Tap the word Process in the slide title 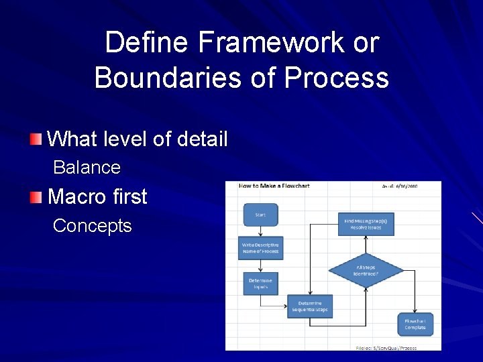click(x=336, y=78)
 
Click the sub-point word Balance click(x=87, y=167)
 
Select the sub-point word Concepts click(x=92, y=225)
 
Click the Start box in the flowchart click(x=260, y=215)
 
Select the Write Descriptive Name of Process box click(x=260, y=248)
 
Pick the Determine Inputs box click(x=260, y=283)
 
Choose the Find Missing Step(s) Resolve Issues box click(x=366, y=223)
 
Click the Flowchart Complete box click(x=415, y=324)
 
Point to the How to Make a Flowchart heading click(x=274, y=186)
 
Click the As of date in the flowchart click(x=400, y=186)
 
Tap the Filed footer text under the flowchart click(x=386, y=348)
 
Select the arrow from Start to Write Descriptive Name click(x=260, y=230)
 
